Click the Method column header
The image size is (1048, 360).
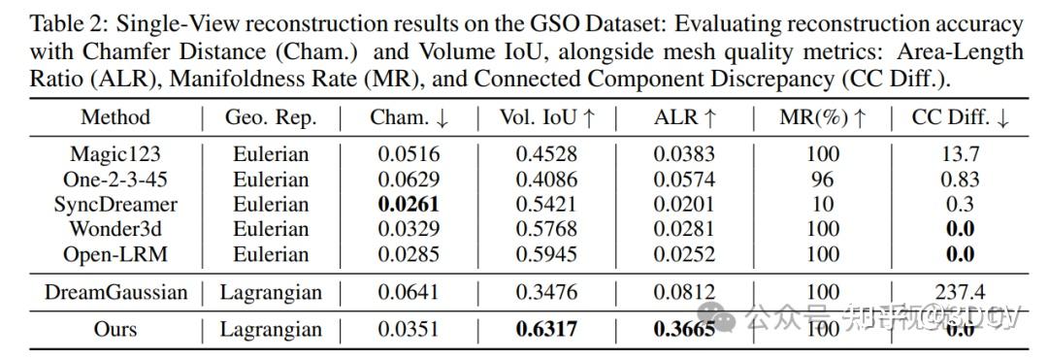coord(115,118)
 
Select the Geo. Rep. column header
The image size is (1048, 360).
coord(271,118)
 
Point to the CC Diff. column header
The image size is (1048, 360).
coord(960,118)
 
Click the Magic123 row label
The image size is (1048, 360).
coord(115,153)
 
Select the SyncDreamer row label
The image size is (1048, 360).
coord(115,204)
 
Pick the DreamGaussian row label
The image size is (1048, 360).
coord(115,292)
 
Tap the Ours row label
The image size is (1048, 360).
coord(115,329)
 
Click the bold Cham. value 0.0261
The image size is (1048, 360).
coord(409,204)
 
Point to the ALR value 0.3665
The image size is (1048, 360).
coord(683,329)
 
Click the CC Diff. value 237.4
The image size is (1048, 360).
coord(960,292)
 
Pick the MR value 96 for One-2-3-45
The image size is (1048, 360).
coord(822,179)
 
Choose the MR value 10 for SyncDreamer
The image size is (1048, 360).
coord(822,204)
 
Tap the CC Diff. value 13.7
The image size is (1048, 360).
coord(960,153)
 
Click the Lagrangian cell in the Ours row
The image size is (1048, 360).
coord(271,329)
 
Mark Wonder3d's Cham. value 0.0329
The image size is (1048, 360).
coord(409,229)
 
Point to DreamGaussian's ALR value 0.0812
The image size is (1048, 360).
coord(683,292)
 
